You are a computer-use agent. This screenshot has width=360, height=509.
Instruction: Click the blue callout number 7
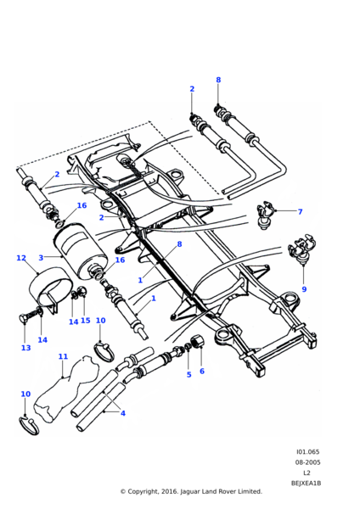pyautogui.click(x=300, y=211)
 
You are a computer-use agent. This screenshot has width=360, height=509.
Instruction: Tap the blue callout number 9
pyautogui.click(x=304, y=289)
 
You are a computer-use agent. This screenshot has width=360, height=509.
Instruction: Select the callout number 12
pyautogui.click(x=21, y=258)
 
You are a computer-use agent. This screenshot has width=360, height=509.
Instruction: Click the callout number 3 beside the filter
pyautogui.click(x=41, y=258)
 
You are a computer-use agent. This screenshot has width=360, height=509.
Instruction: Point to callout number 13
pyautogui.click(x=26, y=348)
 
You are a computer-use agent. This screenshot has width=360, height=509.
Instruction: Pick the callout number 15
pyautogui.click(x=86, y=321)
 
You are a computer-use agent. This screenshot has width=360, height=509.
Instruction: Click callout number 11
pyautogui.click(x=63, y=356)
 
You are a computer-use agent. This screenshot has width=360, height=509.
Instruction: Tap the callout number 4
pyautogui.click(x=123, y=413)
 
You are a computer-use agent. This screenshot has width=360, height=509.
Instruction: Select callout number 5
pyautogui.click(x=189, y=375)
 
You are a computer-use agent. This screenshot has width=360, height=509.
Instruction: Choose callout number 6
pyautogui.click(x=202, y=371)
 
